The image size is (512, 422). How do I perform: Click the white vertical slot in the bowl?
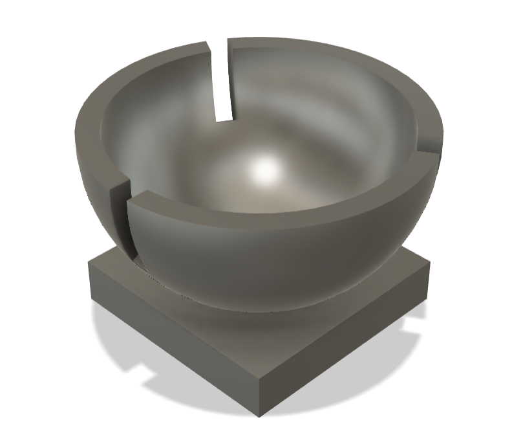pos(221,81)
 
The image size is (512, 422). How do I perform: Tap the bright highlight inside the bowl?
pos(264,170)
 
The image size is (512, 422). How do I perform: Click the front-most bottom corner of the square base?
pos(258,412)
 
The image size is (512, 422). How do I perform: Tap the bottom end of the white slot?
pos(221,118)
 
